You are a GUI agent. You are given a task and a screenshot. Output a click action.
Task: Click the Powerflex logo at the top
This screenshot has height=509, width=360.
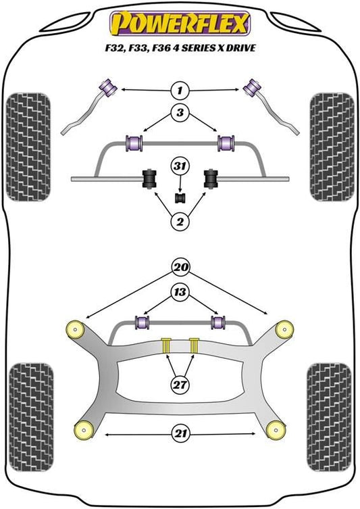tap(180, 23)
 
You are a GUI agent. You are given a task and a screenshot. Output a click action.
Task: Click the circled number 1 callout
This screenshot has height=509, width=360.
tap(180, 90)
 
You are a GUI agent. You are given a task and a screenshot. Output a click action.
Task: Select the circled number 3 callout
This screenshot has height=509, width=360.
tap(180, 113)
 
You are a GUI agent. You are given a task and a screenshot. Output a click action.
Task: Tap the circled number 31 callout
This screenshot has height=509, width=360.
tap(180, 166)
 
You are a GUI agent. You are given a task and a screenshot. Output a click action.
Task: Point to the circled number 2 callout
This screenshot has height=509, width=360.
tap(180, 222)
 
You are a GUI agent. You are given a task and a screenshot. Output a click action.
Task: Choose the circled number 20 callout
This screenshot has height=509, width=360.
tap(181, 267)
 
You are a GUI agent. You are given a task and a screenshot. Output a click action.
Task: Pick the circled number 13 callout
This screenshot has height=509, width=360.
tap(180, 292)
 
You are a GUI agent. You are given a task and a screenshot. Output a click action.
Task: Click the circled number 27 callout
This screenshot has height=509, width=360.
tap(180, 385)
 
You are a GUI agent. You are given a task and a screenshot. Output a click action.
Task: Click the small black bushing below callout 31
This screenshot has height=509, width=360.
tap(180, 198)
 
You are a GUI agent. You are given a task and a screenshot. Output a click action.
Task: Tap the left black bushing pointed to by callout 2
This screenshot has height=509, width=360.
tap(149, 178)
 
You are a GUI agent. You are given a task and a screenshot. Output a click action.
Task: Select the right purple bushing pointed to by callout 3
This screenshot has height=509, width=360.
tap(226, 143)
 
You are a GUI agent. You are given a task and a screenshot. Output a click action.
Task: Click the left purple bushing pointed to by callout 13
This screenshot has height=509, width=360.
tap(142, 322)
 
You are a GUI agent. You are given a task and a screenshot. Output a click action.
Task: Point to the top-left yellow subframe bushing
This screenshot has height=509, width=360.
tap(75, 329)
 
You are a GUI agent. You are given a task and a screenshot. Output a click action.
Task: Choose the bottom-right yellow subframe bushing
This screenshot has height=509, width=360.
tap(276, 430)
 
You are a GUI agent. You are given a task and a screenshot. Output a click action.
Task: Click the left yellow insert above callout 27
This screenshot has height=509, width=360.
tap(166, 345)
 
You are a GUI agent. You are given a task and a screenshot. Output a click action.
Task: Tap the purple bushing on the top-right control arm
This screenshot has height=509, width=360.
tap(253, 88)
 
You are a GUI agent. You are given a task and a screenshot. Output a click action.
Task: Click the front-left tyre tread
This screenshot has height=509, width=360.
tap(28, 147)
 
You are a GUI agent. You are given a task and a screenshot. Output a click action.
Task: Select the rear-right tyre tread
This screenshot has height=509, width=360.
tap(330, 418)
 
